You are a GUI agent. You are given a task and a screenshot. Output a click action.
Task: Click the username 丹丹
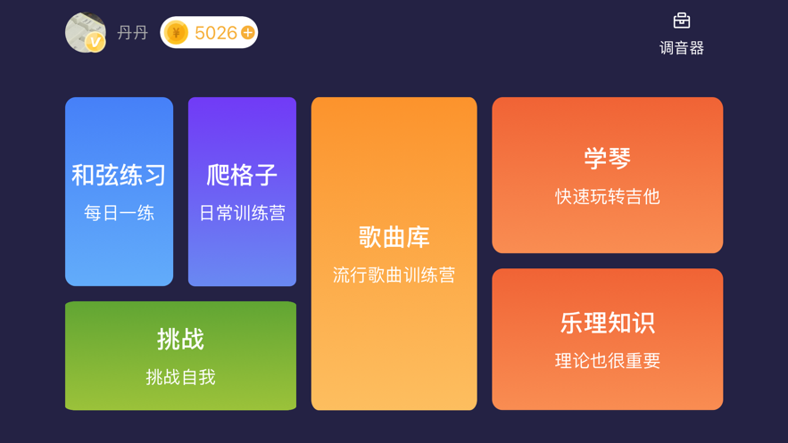(133, 33)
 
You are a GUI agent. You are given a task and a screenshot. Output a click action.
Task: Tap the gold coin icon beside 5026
(177, 33)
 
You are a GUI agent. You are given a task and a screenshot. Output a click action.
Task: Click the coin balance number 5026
(215, 33)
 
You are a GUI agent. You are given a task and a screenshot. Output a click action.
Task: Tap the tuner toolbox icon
(682, 21)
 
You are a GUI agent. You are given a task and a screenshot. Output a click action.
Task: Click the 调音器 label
(682, 48)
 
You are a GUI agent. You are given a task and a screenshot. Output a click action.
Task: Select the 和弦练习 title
(119, 175)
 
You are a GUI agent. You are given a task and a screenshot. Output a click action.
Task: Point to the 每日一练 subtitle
(119, 213)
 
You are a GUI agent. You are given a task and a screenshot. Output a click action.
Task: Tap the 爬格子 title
(242, 175)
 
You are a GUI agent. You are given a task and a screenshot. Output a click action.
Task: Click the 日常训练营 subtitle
(242, 213)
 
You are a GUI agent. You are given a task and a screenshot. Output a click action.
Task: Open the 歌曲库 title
(394, 237)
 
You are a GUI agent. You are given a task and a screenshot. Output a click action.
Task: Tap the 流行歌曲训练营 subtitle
(394, 275)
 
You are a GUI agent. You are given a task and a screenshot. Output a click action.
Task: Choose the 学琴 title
(607, 159)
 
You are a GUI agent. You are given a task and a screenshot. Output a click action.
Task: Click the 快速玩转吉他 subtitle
(607, 196)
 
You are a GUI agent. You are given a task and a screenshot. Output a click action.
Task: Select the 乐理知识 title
(607, 323)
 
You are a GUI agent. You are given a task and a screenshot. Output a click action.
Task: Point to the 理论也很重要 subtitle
(607, 361)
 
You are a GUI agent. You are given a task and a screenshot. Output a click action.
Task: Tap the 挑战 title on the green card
(180, 340)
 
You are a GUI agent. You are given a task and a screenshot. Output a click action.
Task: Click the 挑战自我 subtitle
(180, 377)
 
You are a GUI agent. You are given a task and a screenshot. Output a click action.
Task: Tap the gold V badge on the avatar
(95, 42)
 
